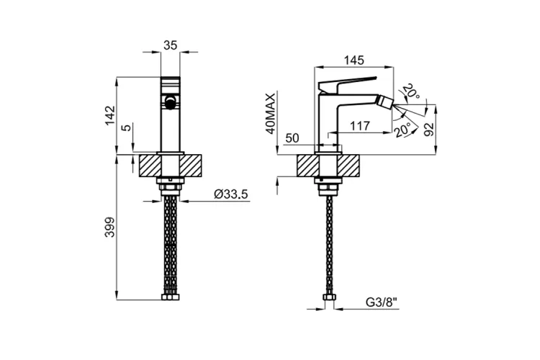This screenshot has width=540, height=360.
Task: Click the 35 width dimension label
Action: (170, 45)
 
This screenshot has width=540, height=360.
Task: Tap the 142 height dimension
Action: (110, 115)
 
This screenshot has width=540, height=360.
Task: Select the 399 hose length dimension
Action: (110, 227)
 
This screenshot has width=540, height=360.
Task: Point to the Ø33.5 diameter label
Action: (230, 194)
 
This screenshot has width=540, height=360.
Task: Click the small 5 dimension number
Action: (127, 127)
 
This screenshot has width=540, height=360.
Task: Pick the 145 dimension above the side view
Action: (354, 60)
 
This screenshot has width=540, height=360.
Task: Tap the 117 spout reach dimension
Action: (360, 126)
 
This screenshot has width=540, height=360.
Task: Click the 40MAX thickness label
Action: (271, 113)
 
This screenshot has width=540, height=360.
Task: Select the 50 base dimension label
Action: (292, 138)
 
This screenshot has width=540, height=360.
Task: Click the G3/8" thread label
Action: (381, 302)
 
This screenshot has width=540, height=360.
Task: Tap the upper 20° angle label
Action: (412, 91)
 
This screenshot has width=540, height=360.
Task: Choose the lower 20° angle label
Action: (403, 130)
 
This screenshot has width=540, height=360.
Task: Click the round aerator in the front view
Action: (171, 102)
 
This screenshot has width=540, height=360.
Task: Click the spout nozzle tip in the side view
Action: (385, 103)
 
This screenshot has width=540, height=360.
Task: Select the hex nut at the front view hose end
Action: (171, 297)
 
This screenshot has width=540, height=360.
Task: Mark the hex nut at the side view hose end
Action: (328, 297)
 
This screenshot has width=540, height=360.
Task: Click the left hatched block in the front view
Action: (150, 166)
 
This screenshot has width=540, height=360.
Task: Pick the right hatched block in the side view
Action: (348, 166)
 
